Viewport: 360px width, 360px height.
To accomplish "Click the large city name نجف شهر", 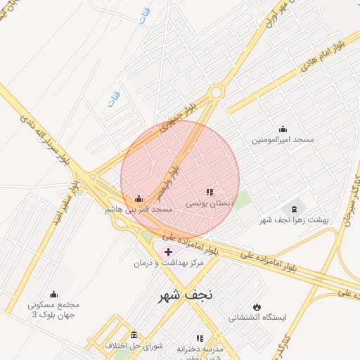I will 189,296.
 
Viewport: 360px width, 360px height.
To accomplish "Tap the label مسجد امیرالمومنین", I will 283,140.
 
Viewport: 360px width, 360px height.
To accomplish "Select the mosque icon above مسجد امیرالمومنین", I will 283,129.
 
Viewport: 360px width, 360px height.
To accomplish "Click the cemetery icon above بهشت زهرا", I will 294,209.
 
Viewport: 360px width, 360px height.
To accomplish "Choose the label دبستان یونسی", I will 209,202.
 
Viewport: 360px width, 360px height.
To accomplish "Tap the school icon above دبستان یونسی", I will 209,191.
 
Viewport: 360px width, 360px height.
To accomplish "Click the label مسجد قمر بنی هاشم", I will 139,209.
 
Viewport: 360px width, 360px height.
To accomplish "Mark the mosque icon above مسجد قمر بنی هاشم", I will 139,198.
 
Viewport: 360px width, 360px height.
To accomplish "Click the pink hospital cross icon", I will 168,251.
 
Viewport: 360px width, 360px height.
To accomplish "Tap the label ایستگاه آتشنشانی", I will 257,318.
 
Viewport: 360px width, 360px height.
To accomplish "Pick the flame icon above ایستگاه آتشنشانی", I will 257,307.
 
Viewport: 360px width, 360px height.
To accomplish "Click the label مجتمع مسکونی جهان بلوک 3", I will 53,310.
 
